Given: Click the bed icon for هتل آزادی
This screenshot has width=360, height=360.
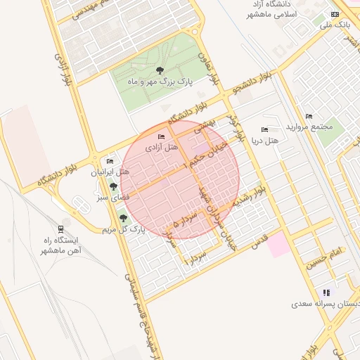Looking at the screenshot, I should tap(162, 136).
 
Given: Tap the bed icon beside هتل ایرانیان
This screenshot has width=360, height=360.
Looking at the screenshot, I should tap(110, 161).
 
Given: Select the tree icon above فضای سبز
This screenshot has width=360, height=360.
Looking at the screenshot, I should tap(113, 186).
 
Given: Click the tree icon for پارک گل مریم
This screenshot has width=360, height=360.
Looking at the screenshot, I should tap(124, 218).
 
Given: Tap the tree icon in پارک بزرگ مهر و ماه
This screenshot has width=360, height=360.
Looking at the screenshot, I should tap(160, 70).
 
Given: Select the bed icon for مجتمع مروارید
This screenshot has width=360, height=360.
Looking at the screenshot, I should tap(308, 116).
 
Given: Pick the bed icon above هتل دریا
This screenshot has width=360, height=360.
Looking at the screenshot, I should tap(264, 129).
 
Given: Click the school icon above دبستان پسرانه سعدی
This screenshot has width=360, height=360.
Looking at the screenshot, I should tap(326, 292).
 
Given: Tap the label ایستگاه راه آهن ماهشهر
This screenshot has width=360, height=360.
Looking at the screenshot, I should tap(60, 245).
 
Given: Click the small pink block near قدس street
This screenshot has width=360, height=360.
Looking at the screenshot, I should tap(277, 245).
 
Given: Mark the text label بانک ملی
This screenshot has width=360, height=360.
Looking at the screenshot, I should tap(334, 25).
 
